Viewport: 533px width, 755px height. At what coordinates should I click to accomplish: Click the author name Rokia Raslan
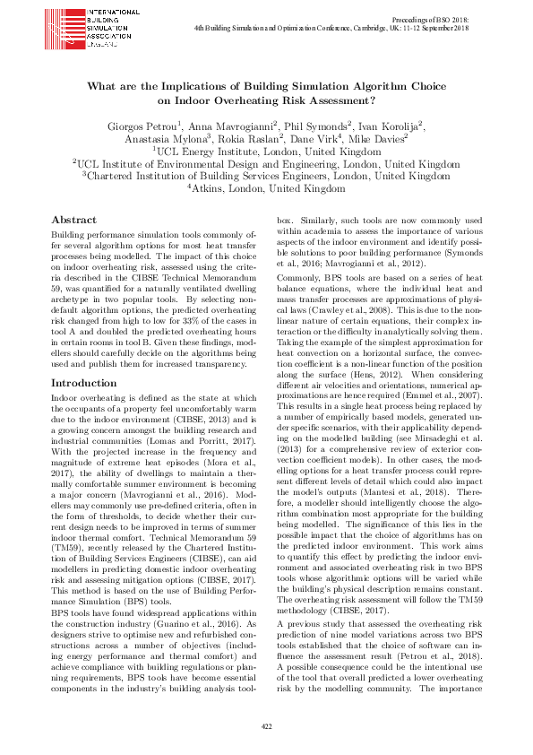pyautogui.click(x=254, y=139)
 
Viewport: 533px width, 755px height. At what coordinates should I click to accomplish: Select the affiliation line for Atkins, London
pyautogui.click(x=266, y=189)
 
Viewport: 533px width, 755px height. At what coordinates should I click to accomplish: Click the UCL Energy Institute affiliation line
pyautogui.click(x=266, y=152)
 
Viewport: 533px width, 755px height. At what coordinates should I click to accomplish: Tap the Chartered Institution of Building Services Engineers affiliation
pyautogui.click(x=266, y=177)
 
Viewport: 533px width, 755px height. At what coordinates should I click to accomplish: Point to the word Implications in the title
pyautogui.click(x=188, y=87)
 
